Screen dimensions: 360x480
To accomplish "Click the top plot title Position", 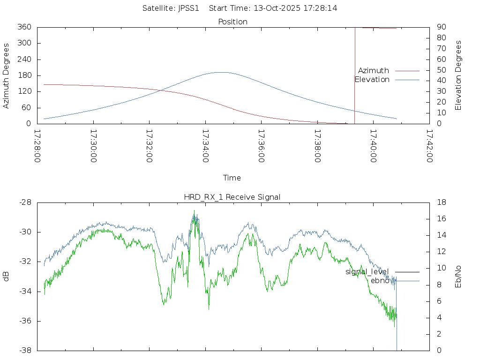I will (232, 22).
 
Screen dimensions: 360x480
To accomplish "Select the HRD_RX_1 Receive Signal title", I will (232, 197).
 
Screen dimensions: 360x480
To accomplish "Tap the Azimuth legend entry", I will (374, 70).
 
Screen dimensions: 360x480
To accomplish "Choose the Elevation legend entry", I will (372, 80).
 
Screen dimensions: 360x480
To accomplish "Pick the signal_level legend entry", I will (367, 271).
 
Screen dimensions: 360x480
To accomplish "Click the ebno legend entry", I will (380, 281).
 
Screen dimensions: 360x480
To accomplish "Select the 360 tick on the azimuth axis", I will (24, 27).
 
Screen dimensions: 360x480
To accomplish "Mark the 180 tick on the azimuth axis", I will (24, 75).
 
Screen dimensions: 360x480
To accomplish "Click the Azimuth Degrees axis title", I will (7, 75).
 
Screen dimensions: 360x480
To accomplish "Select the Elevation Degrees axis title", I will (458, 75).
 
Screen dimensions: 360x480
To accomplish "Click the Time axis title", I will (232, 178).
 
